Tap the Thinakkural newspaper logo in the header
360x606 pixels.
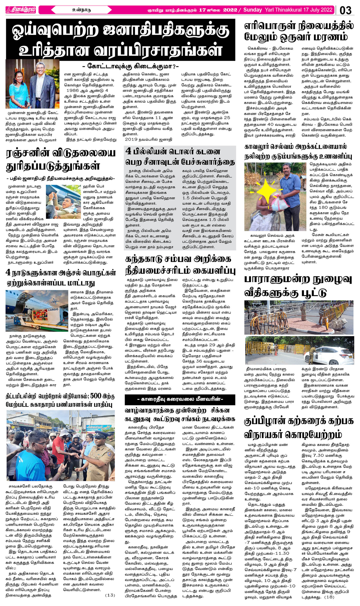pos(21,10)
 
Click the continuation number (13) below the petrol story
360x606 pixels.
pos(110,595)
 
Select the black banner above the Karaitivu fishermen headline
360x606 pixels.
pos(180,399)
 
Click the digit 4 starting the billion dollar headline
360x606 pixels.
pos(129,152)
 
